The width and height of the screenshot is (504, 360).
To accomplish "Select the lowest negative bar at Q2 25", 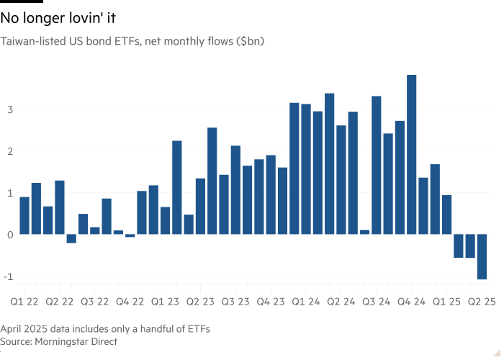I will [482, 256].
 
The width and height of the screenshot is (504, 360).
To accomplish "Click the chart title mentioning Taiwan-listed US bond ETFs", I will [133, 42].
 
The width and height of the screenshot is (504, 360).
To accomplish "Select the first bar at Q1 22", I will [24, 215].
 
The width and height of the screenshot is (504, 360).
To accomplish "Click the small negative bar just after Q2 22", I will [71, 239].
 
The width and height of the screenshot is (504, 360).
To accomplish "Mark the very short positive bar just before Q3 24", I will [364, 232].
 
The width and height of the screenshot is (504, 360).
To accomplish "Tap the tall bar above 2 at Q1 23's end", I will [177, 187].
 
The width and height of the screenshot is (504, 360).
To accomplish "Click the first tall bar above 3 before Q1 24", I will [294, 168].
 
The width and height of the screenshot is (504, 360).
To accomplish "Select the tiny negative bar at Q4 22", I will [130, 236].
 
